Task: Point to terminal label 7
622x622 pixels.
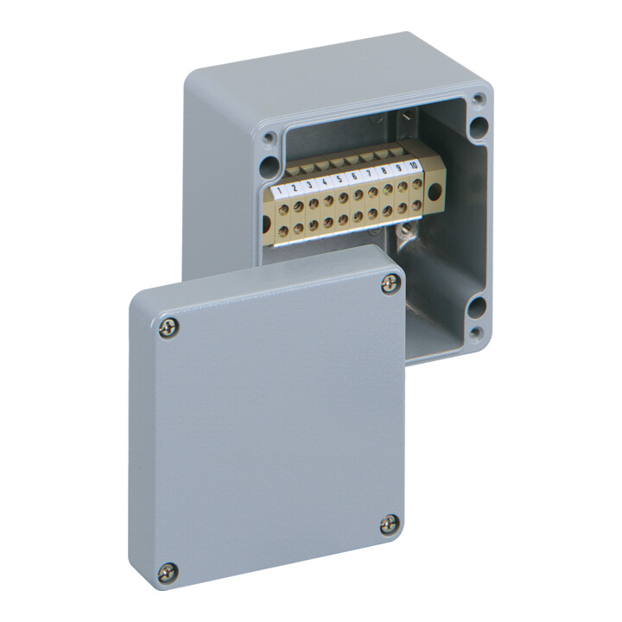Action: pos(369,173)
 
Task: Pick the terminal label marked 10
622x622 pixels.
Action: pos(413,165)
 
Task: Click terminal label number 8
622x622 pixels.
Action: pos(384,170)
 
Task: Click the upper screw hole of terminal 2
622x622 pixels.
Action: pos(298,206)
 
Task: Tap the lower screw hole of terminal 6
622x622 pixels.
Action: pos(358,215)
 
